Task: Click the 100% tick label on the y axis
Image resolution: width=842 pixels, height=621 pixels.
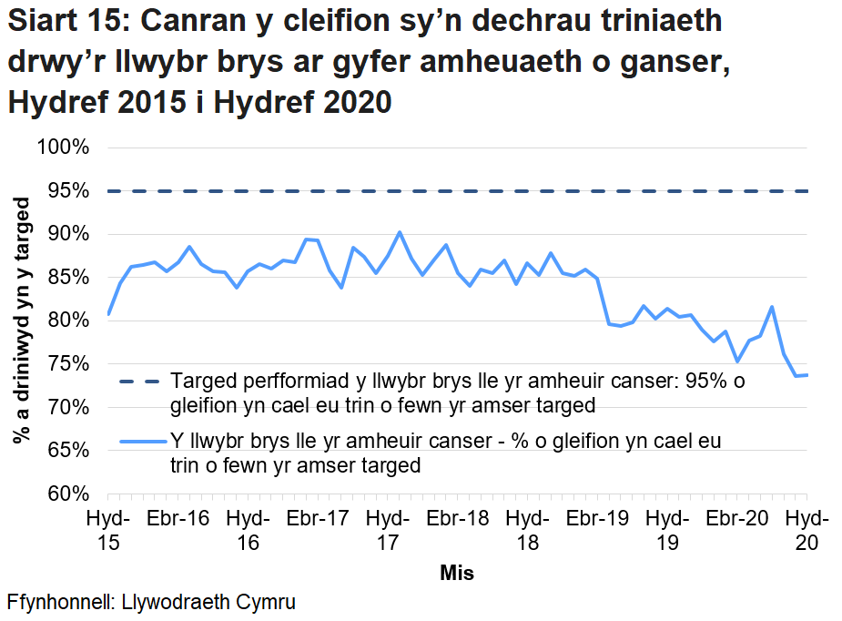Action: [x=63, y=148]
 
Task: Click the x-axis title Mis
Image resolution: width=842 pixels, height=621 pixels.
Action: [x=457, y=574]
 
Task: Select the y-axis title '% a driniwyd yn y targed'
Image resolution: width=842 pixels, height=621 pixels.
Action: [x=20, y=321]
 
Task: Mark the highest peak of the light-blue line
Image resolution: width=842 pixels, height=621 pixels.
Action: [x=400, y=232]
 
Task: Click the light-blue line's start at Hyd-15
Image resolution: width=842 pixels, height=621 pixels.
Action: [x=108, y=315]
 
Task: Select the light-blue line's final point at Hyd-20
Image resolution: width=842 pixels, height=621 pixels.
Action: [x=806, y=375]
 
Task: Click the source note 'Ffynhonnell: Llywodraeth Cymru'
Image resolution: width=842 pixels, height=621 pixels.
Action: [x=151, y=603]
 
